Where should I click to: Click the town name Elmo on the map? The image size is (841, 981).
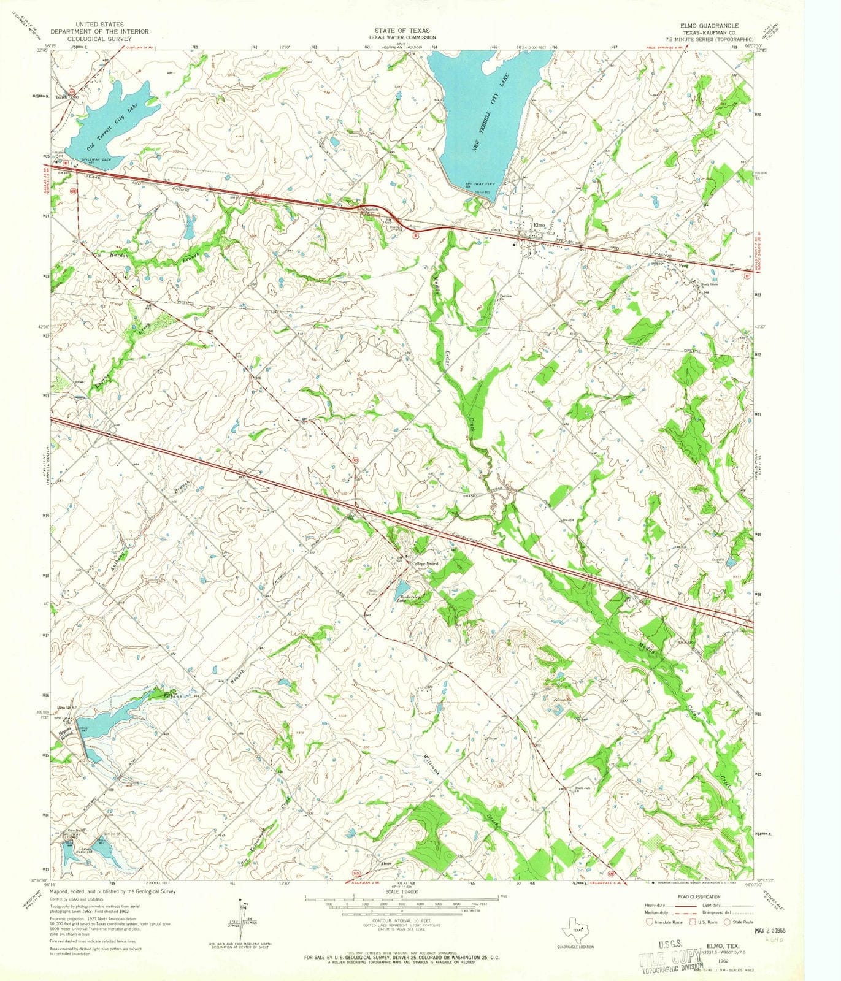click(539, 225)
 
